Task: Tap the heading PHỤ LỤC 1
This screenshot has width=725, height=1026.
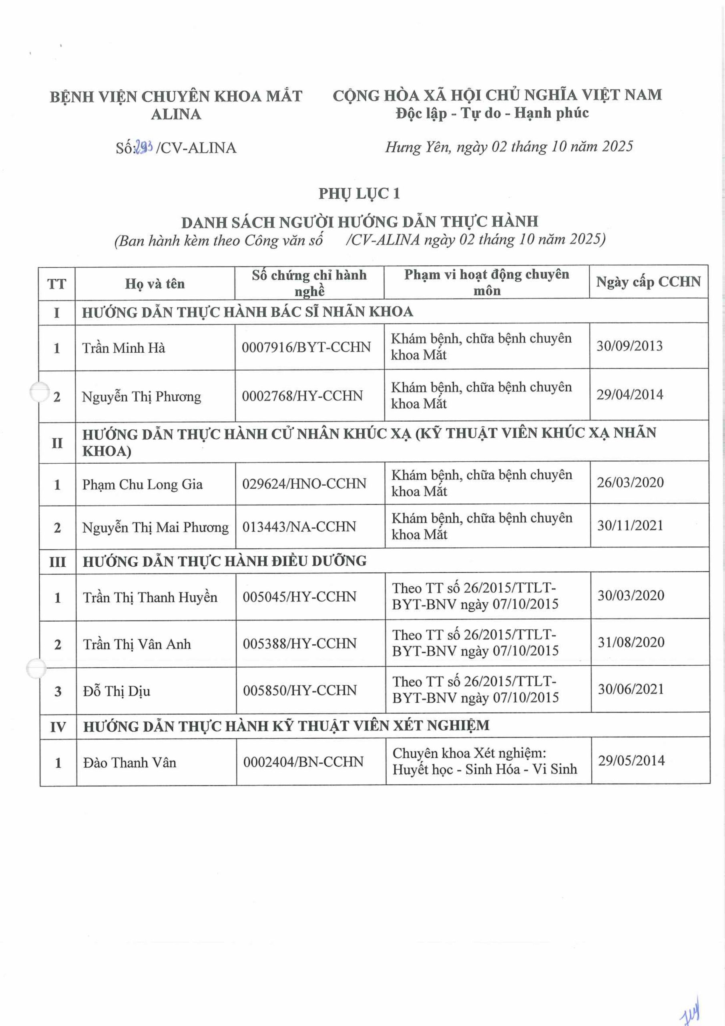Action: click(x=359, y=194)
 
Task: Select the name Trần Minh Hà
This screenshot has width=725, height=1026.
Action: click(x=124, y=347)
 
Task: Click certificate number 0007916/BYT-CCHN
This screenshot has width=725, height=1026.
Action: click(x=306, y=347)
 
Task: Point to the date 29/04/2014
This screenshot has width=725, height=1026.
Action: click(x=629, y=395)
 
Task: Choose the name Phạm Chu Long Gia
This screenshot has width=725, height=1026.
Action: click(x=143, y=485)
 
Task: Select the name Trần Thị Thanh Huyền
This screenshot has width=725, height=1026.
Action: click(x=150, y=598)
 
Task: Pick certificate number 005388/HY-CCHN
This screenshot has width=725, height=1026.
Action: click(x=299, y=644)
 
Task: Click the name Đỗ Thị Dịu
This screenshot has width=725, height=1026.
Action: click(x=116, y=691)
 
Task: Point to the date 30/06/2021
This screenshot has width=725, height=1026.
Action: click(x=631, y=689)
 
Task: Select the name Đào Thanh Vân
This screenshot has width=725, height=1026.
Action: click(x=129, y=762)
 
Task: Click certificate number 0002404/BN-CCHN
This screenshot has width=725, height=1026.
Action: click(x=303, y=761)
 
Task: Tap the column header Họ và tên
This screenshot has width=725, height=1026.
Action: click(x=155, y=284)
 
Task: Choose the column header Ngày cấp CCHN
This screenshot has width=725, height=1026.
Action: click(x=648, y=282)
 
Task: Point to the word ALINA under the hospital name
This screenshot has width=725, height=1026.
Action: click(x=176, y=114)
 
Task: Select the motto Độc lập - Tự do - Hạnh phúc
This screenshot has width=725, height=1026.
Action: click(x=492, y=113)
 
